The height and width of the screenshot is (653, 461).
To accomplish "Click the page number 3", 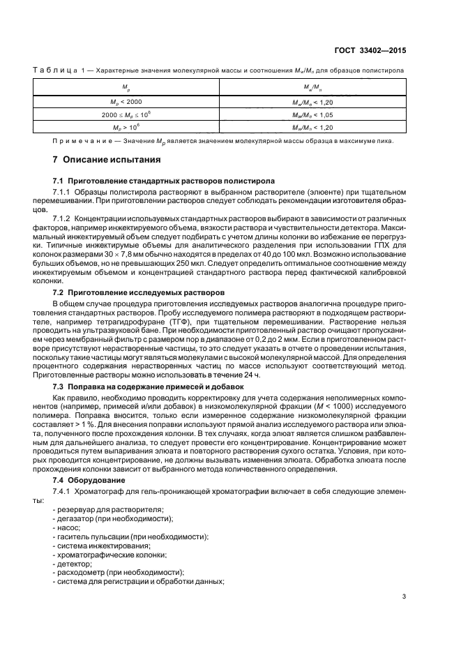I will (x=405, y=596).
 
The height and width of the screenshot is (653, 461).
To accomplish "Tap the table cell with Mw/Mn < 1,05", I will (x=312, y=114).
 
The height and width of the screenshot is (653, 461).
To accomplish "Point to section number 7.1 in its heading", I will (x=59, y=181).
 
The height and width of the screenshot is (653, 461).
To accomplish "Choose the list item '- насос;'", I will (x=68, y=528).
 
